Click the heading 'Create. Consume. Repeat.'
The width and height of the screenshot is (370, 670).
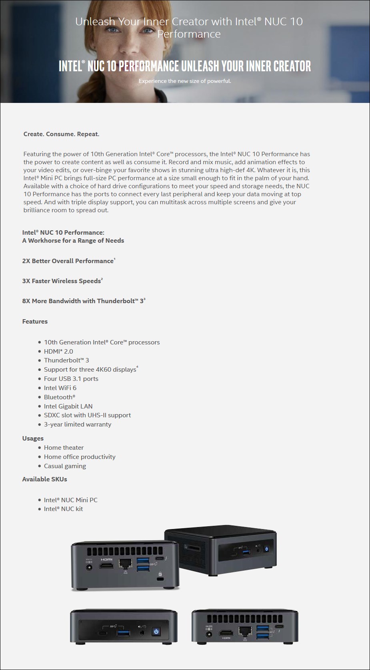[61, 134]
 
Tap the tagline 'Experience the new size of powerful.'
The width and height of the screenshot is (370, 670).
[185, 81]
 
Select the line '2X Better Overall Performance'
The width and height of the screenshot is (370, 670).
[68, 261]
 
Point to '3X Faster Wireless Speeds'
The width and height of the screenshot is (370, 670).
[62, 281]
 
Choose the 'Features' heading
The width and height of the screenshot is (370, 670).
[35, 322]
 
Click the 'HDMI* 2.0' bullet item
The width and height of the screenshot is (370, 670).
[58, 352]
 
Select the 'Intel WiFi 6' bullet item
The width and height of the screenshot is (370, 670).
[60, 388]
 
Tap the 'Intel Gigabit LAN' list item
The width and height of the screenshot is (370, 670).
[68, 406]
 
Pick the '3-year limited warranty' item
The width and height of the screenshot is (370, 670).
[78, 425]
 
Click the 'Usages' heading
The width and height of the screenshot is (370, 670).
[33, 439]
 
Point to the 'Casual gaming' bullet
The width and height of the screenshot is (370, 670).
[65, 466]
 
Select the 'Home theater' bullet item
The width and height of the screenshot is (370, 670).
[64, 448]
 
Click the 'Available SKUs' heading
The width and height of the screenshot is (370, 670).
[44, 479]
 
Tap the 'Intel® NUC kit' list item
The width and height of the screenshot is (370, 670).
[63, 509]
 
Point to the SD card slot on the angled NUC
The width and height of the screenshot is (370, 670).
[194, 547]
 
